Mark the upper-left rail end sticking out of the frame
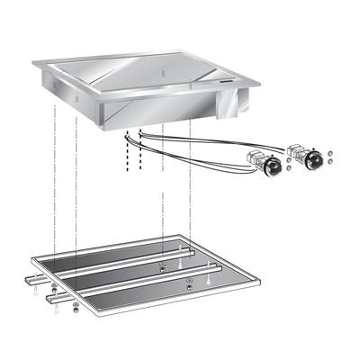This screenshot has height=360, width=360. pyautogui.click(x=33, y=281)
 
